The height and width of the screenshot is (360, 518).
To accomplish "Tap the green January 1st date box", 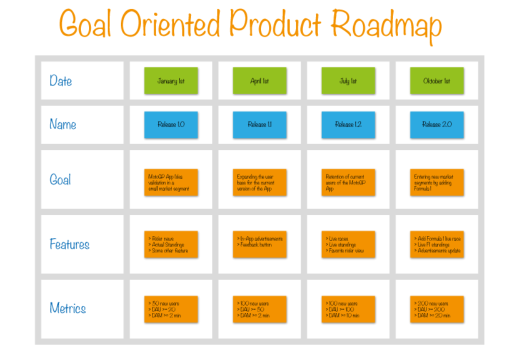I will tap(171, 80).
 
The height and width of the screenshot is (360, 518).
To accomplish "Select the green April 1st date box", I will tap(259, 80).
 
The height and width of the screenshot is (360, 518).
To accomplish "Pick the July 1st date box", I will tap(348, 80).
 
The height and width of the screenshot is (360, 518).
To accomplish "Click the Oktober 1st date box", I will tap(437, 80).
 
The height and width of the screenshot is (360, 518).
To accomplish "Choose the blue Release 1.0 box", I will tap(171, 124).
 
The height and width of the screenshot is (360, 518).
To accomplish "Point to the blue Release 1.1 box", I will tap(259, 124).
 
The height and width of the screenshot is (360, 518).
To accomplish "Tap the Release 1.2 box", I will tap(348, 124).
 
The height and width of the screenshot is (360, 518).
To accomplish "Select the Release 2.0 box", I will tap(437, 124).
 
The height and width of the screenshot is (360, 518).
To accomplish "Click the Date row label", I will tap(60, 80).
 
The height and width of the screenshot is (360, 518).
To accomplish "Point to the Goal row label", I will tap(60, 179).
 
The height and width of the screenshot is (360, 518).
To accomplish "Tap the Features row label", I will tap(69, 244).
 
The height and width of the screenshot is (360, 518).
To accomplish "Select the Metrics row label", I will tap(67, 308).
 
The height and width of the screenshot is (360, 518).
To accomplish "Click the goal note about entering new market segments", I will tap(437, 182).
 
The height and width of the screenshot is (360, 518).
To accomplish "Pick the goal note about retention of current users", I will tap(348, 182).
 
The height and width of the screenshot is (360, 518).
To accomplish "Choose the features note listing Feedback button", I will tap(259, 244).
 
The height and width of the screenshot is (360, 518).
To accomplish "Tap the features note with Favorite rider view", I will tap(348, 244).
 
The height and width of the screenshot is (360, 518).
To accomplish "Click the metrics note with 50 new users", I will tap(171, 309).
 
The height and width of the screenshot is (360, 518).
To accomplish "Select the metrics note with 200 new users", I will tap(437, 309).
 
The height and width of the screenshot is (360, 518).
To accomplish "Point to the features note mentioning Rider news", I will tap(171, 244).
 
